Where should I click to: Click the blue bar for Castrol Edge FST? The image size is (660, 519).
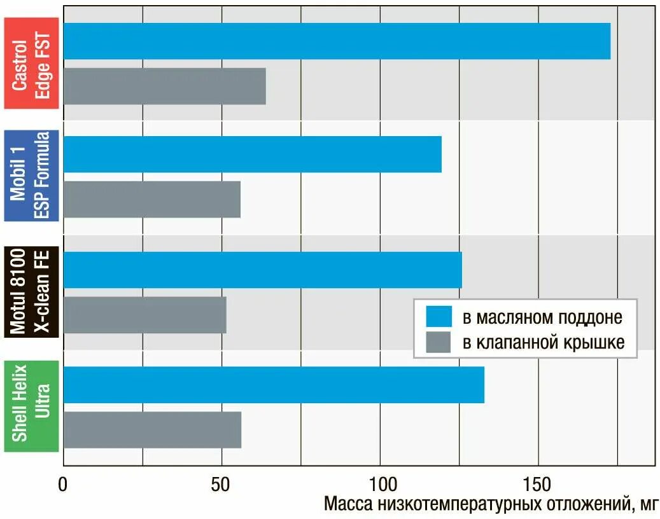[337, 41]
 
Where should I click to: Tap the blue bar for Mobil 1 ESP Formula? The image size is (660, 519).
[252, 154]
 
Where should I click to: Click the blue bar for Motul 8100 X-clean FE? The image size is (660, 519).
[262, 270]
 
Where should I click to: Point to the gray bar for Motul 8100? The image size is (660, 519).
[144, 315]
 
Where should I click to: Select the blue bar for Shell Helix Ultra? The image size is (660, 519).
[274, 385]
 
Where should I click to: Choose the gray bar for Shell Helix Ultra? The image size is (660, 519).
[152, 430]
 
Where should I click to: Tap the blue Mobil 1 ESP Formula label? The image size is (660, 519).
[31, 176]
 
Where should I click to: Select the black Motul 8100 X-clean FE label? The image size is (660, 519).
[31, 291]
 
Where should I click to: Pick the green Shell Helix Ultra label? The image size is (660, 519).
[31, 406]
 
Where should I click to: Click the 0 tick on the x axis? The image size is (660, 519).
[63, 484]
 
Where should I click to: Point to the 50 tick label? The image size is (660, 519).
[221, 484]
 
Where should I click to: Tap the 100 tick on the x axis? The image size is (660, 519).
[379, 484]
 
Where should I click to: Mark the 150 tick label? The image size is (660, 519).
[537, 484]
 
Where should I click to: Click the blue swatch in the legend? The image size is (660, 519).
[439, 316]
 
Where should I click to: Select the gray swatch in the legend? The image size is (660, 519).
[439, 342]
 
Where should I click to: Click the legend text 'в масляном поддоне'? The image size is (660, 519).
[542, 317]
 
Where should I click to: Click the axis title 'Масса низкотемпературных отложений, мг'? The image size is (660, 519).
[490, 505]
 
